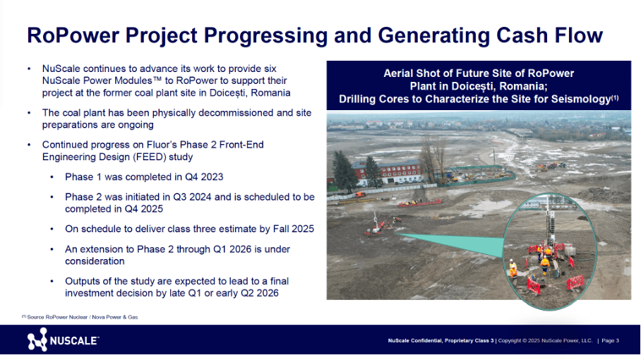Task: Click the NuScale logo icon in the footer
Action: pos(37,340)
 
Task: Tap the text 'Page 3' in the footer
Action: pos(610,340)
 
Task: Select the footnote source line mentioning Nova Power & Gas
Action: pos(80,317)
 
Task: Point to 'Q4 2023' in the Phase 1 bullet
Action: pos(204,177)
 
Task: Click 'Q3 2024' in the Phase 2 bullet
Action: pos(192,197)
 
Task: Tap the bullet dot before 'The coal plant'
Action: pos(29,113)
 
